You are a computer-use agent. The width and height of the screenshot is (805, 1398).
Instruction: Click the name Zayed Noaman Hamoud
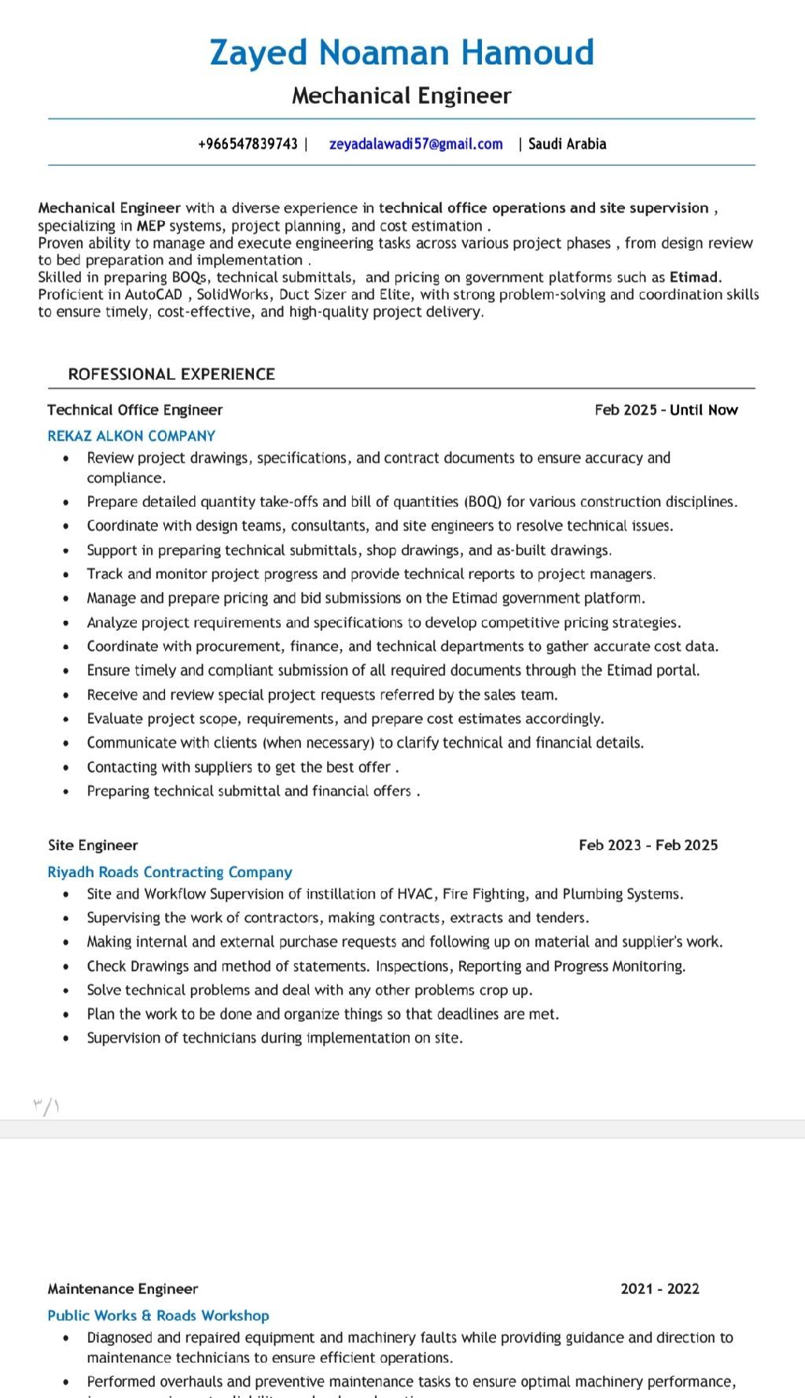pyautogui.click(x=402, y=53)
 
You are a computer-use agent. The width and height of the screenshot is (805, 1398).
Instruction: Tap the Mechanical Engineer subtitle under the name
pyautogui.click(x=402, y=96)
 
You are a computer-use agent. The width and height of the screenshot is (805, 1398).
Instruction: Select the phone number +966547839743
pyautogui.click(x=248, y=144)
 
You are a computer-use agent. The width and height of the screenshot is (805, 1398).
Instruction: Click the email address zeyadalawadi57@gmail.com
pyautogui.click(x=416, y=144)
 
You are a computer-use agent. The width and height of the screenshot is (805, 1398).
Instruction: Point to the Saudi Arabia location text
pyautogui.click(x=567, y=144)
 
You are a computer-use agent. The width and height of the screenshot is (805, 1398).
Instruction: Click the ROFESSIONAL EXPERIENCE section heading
pyautogui.click(x=171, y=374)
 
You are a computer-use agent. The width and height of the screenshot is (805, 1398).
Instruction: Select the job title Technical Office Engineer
pyautogui.click(x=134, y=410)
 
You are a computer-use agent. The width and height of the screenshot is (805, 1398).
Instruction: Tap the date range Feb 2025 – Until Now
pyautogui.click(x=666, y=410)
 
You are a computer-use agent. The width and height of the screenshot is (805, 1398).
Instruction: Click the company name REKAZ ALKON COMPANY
pyautogui.click(x=131, y=436)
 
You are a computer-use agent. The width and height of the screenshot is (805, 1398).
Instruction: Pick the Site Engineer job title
pyautogui.click(x=93, y=845)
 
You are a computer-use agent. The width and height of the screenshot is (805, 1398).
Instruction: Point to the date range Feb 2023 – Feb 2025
pyautogui.click(x=648, y=845)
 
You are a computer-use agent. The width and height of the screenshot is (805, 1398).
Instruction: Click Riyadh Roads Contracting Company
pyautogui.click(x=170, y=872)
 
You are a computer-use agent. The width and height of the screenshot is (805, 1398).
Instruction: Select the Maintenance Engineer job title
pyautogui.click(x=123, y=1289)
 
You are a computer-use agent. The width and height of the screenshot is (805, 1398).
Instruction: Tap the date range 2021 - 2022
pyautogui.click(x=660, y=1289)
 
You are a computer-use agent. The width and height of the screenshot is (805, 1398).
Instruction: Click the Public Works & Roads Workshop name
pyautogui.click(x=158, y=1315)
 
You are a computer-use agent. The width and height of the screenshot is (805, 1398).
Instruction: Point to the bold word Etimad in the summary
pyautogui.click(x=694, y=277)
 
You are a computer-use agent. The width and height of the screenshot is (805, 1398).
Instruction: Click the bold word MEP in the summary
pyautogui.click(x=151, y=226)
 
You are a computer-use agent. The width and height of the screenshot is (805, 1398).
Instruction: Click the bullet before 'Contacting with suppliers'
pyautogui.click(x=67, y=767)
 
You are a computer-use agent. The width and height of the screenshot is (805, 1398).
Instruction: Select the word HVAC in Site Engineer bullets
pyautogui.click(x=416, y=894)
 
